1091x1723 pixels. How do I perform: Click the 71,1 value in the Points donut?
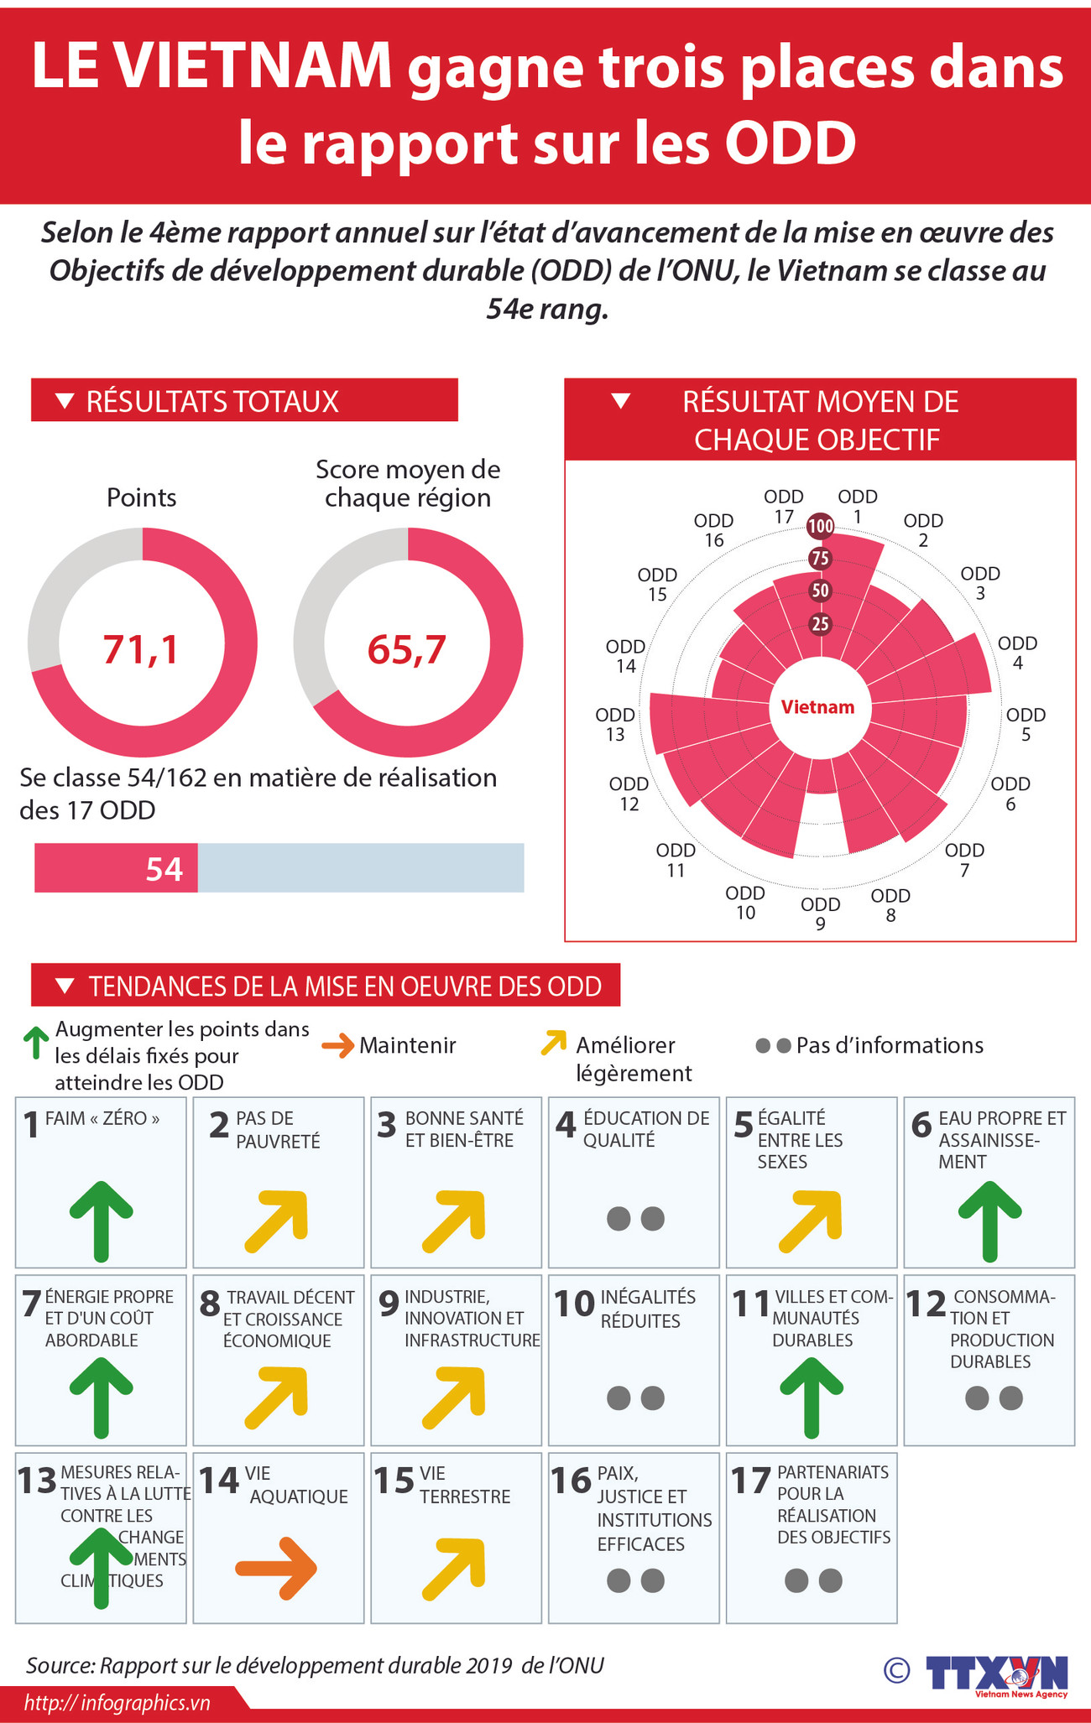(141, 649)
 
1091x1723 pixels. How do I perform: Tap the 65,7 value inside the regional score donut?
(407, 649)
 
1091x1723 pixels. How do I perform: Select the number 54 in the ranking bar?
(164, 869)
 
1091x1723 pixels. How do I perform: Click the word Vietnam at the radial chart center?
(817, 707)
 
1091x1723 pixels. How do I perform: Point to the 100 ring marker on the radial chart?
(820, 527)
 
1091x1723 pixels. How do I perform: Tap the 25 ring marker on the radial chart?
(820, 624)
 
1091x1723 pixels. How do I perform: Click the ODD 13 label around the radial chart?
(615, 725)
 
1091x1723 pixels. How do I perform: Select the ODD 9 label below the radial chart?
(820, 914)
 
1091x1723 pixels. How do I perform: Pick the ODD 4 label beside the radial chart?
(1017, 653)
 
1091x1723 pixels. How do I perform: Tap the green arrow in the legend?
(35, 1043)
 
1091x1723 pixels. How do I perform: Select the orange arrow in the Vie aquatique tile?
(276, 1568)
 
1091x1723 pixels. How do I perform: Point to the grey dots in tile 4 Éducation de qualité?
(635, 1219)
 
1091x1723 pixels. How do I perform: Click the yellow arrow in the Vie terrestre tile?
(454, 1568)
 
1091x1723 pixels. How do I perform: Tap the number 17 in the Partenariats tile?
(750, 1481)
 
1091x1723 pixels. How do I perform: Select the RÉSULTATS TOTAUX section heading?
(212, 401)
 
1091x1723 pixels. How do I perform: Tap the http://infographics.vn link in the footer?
(117, 1703)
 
